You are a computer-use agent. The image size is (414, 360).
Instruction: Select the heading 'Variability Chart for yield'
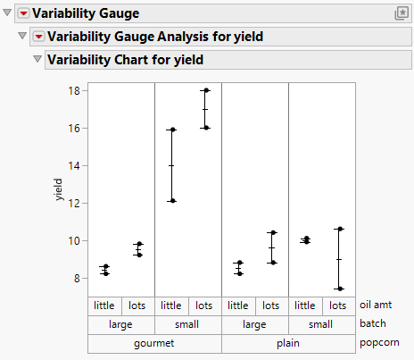[125, 60]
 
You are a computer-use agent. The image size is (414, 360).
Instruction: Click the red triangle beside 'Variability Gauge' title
[24, 13]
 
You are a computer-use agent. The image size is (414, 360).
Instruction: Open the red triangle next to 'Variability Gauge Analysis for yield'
[38, 37]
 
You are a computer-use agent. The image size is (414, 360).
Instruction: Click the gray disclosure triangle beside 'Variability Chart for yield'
[37, 60]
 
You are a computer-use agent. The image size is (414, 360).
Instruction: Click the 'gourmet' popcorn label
[154, 343]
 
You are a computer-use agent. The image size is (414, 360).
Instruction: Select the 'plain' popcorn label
[288, 343]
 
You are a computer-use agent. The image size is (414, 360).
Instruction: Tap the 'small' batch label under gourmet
[187, 324]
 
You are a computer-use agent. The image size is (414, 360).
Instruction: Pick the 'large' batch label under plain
[254, 324]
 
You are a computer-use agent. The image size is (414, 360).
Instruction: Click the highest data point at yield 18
[205, 90]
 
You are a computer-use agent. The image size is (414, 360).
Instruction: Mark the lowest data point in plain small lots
[339, 289]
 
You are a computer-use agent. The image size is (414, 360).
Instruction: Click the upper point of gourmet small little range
[172, 130]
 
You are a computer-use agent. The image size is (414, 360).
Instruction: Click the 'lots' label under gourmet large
[137, 306]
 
